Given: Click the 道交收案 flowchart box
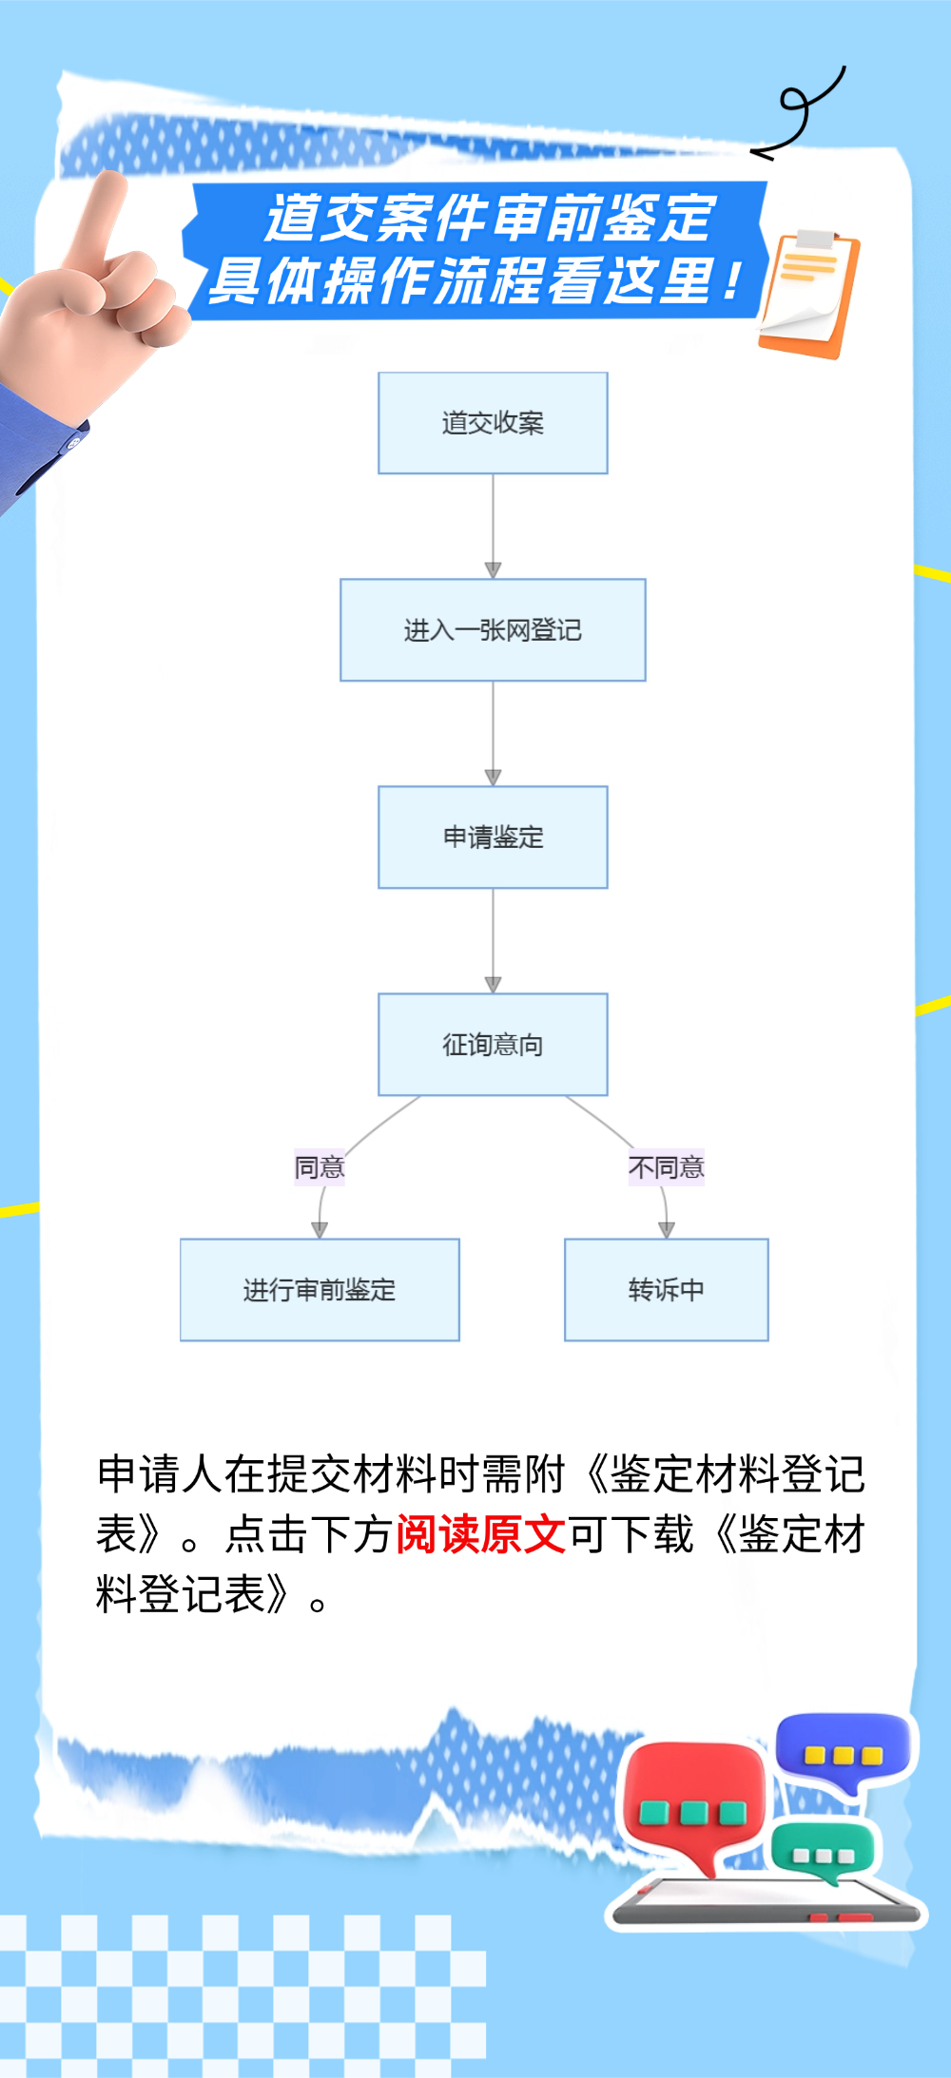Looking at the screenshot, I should tap(493, 423).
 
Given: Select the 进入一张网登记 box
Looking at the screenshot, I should tap(493, 630).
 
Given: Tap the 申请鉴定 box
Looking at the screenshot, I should tap(493, 837).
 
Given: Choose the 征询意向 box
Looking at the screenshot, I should tap(493, 1045).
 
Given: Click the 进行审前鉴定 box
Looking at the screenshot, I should tap(320, 1290).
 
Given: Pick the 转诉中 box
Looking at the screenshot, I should tap(666, 1290).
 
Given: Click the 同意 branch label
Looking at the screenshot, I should tap(320, 1167).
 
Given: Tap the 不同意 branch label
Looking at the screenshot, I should tap(666, 1167).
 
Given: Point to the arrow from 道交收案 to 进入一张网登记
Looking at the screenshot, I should tap(493, 526).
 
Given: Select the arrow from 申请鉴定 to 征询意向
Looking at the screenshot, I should tap(493, 941).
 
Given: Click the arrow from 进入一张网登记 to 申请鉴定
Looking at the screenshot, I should tap(493, 733).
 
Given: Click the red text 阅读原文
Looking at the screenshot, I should tap(480, 1534).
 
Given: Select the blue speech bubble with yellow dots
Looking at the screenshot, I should tap(843, 1751).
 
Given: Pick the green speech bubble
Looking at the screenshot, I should tap(824, 1850).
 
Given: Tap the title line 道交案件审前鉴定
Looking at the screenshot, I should tap(490, 218).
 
